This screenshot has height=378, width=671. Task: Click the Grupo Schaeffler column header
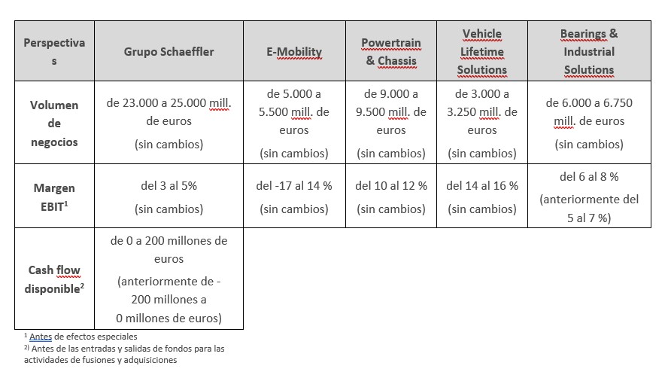(x=169, y=52)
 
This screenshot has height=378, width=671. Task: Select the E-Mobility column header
(x=293, y=52)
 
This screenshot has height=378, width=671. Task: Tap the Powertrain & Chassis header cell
(x=391, y=52)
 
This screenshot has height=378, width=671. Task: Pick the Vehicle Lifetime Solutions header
(x=481, y=52)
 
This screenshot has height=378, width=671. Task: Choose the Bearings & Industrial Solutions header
(x=589, y=52)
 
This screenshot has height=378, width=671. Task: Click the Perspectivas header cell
(x=54, y=52)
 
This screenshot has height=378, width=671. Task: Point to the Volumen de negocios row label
(x=54, y=123)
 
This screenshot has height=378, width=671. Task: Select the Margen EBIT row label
(x=54, y=196)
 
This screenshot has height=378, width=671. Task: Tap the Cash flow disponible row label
(x=54, y=279)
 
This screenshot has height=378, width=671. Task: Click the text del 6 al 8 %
(x=589, y=177)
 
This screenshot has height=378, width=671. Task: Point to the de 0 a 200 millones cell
(x=169, y=249)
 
